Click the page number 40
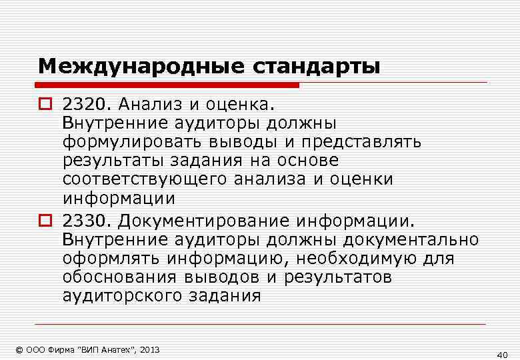pos(503,355)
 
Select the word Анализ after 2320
pos(148,105)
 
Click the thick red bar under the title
pos(167,85)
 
